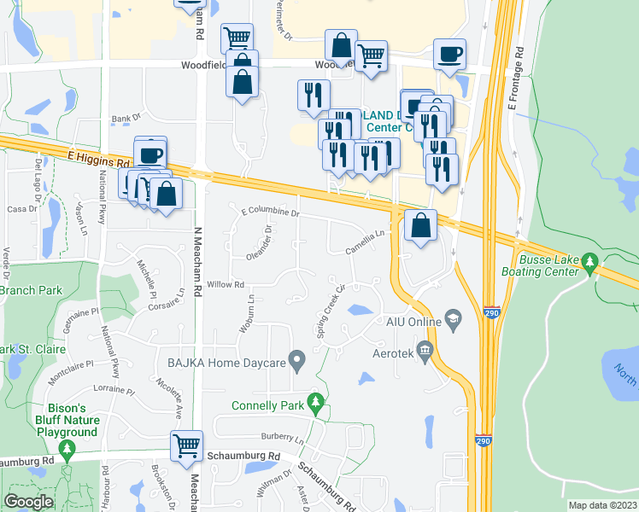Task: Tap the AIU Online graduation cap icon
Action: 453,321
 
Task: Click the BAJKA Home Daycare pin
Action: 297,362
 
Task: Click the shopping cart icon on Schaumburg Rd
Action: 186,445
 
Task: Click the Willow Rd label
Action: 226,284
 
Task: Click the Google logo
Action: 28,501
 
